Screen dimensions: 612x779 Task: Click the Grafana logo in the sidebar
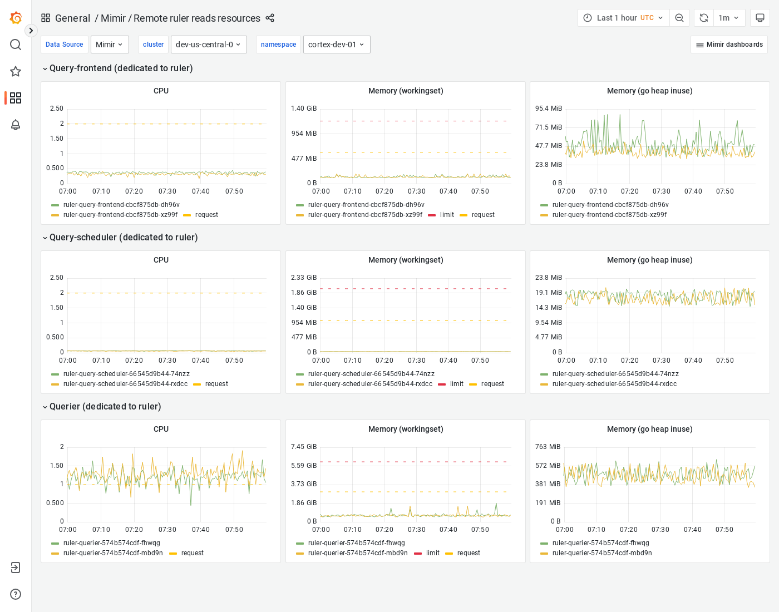coord(16,18)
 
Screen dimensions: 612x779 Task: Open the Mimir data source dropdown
coord(109,45)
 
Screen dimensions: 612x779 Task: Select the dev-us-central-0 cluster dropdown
coord(208,45)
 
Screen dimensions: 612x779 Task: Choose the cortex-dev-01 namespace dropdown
coord(336,45)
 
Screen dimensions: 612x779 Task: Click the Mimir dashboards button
coord(729,45)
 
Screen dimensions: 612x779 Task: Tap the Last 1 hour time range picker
coord(623,18)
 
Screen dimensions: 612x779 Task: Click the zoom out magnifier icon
coord(679,18)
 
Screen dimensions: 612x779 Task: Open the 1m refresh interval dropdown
coord(728,18)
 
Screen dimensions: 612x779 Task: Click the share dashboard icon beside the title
coord(270,18)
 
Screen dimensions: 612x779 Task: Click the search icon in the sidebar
coord(16,45)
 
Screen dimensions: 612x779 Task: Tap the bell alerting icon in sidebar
coord(16,125)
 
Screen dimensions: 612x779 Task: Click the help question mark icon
coord(16,594)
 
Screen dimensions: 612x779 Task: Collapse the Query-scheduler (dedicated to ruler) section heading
coord(123,238)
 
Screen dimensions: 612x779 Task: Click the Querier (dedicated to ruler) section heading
coord(105,407)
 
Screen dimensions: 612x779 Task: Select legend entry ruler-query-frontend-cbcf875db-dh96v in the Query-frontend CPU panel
coord(121,205)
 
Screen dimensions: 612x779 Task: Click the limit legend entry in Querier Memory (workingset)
coord(432,553)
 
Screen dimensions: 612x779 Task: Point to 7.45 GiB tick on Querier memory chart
coord(303,447)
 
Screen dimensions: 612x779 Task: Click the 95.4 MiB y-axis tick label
coord(548,108)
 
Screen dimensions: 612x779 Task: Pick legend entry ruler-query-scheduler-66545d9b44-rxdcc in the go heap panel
coord(614,384)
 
